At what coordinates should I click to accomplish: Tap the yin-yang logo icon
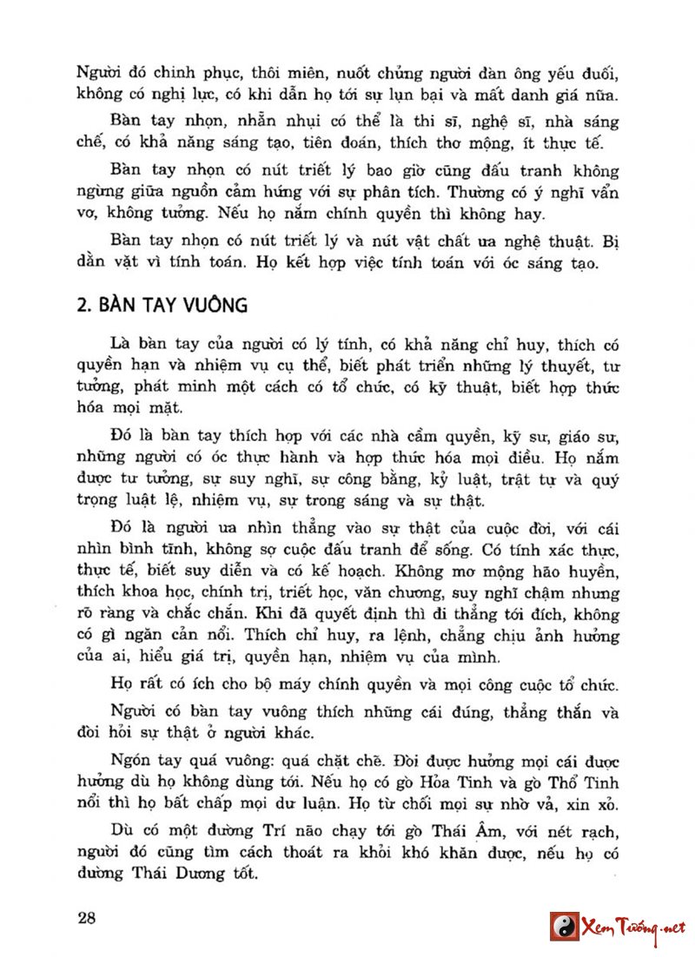click(x=565, y=926)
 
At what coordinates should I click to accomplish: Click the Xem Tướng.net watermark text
click(x=633, y=927)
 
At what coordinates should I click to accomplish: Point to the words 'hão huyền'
click(x=577, y=571)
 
